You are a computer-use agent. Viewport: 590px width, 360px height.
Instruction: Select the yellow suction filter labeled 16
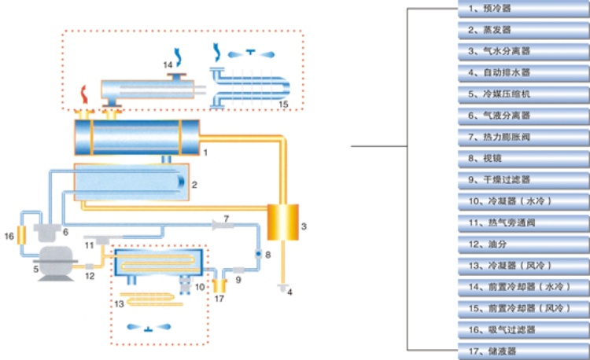point(23,233)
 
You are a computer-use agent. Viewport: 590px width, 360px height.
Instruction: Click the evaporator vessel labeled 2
point(132,183)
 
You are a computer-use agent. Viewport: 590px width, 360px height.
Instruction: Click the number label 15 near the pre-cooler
point(284,104)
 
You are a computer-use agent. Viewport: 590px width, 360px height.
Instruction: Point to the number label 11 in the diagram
point(89,245)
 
